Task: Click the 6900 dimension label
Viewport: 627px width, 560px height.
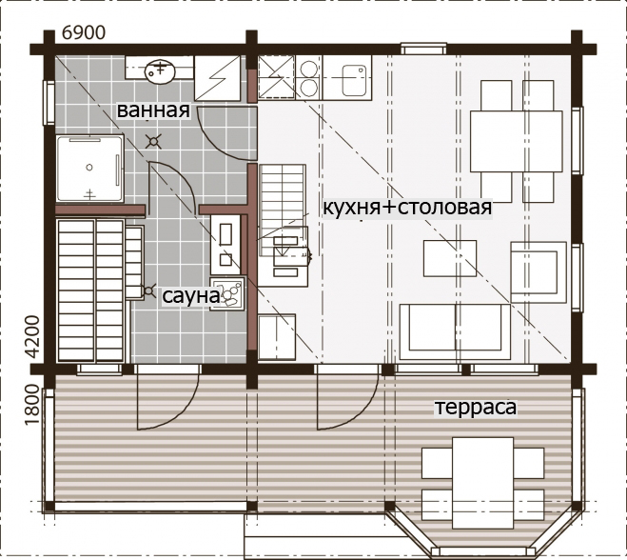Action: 84,32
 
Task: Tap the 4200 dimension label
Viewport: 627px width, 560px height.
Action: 34,336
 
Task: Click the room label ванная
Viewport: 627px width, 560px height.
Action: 153,110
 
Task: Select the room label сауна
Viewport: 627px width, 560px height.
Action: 190,296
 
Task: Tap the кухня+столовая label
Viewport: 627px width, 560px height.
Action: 407,208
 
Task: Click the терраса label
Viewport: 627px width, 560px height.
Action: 476,407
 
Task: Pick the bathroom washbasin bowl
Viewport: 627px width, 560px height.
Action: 160,71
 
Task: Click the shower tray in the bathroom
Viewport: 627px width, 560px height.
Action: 90,169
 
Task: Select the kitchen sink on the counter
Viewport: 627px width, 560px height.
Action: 354,80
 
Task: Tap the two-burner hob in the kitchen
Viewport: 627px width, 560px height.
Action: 308,77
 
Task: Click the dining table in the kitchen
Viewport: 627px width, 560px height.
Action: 517,141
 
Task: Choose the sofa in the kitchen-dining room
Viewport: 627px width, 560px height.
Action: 455,331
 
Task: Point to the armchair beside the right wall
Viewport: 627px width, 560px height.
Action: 539,272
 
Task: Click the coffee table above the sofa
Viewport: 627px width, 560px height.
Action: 450,258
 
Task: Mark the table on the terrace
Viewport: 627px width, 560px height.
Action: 482,483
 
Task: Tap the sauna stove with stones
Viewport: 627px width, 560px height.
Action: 227,293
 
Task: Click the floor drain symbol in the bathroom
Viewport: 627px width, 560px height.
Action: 153,141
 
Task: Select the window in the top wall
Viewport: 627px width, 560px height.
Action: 423,49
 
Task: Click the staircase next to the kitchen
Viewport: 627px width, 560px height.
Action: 283,210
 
